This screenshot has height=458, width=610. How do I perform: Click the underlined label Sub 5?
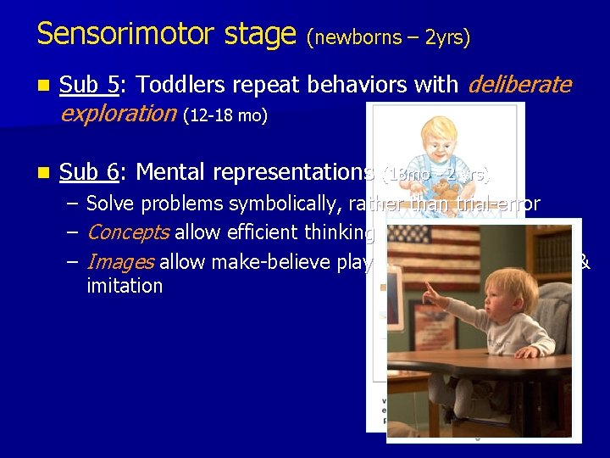click(x=91, y=85)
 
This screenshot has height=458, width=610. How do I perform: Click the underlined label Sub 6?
click(x=91, y=172)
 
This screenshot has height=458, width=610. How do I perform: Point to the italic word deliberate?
click(x=519, y=85)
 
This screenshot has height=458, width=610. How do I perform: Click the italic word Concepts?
click(x=128, y=232)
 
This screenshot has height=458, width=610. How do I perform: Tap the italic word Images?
click(x=119, y=262)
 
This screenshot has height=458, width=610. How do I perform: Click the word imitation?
click(x=125, y=286)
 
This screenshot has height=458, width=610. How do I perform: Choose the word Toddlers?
click(x=178, y=85)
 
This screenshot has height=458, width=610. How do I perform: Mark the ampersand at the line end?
click(x=584, y=262)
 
